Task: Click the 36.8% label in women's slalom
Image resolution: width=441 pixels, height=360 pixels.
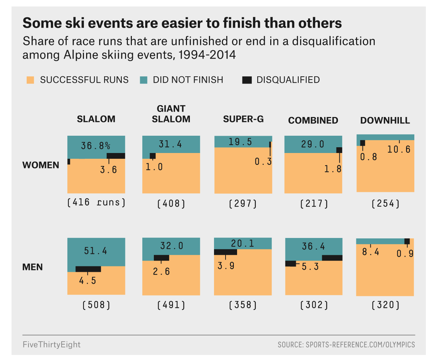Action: click(95, 145)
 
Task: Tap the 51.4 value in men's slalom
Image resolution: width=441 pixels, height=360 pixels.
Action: click(95, 251)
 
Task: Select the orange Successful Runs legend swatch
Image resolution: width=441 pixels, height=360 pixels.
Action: click(30, 80)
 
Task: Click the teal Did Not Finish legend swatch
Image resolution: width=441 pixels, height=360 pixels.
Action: click(143, 80)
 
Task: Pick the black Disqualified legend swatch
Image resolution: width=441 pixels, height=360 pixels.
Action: click(247, 80)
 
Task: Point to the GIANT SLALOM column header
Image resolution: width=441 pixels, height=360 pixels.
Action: click(171, 114)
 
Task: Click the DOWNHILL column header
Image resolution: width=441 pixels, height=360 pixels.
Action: click(385, 120)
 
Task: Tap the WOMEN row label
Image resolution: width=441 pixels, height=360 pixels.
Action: click(41, 165)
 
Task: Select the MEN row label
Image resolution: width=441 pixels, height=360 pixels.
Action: click(32, 267)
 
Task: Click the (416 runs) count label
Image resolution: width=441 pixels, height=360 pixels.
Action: click(96, 202)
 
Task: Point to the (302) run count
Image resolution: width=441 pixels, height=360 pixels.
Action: click(314, 305)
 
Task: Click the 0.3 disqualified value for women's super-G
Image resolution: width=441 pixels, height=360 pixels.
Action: click(263, 161)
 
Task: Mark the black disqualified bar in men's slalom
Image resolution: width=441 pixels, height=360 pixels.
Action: click(88, 269)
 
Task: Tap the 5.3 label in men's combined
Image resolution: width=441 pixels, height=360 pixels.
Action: click(310, 267)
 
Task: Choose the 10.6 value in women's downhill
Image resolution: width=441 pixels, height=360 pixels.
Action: click(398, 149)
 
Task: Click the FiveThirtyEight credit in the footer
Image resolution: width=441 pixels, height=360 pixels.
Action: click(52, 345)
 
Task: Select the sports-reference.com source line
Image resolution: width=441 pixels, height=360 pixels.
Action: click(346, 345)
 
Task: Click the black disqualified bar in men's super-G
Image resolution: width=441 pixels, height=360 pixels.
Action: click(226, 252)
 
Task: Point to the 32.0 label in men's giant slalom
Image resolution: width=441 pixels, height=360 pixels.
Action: click(171, 246)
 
